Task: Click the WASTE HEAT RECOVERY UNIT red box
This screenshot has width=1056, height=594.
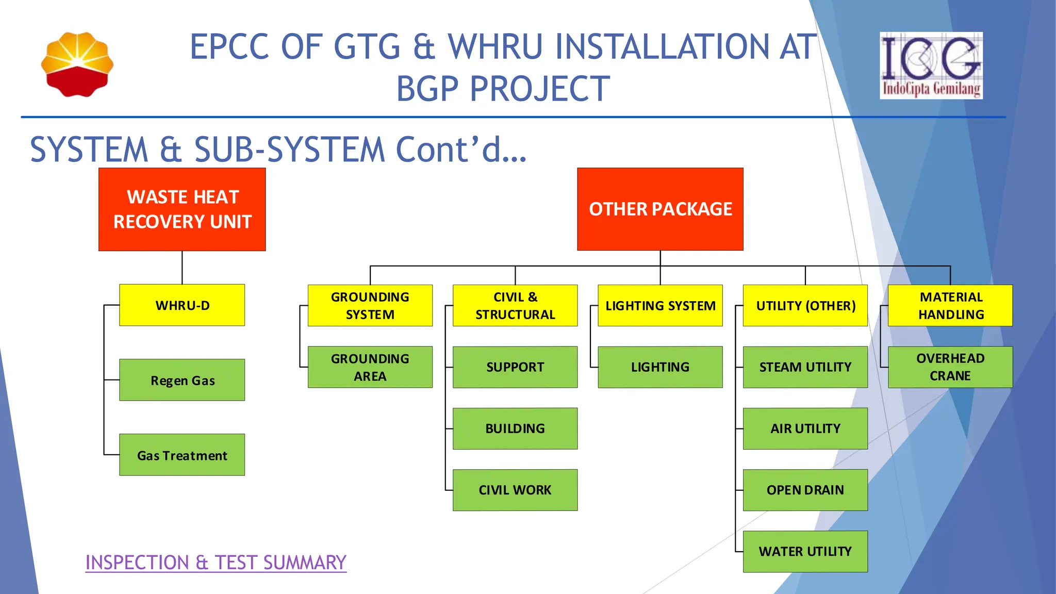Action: tap(182, 209)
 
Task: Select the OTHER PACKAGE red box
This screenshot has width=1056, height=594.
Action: tap(660, 209)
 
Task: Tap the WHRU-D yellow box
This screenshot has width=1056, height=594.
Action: tap(182, 305)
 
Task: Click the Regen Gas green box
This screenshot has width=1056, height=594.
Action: tap(182, 380)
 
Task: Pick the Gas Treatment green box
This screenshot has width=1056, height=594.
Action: tap(182, 455)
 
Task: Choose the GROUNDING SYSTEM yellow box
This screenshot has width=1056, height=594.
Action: tap(370, 305)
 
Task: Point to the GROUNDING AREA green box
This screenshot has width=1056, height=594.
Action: tap(370, 367)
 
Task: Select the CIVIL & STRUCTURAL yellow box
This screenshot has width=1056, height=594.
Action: tap(515, 305)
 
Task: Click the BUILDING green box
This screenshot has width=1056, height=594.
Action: tap(515, 428)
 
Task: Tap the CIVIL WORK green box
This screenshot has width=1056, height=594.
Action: tap(515, 490)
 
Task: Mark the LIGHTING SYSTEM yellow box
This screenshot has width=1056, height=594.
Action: tap(660, 305)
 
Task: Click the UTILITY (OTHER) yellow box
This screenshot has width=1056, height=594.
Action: tap(805, 305)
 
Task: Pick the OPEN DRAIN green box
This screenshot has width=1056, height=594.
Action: tap(805, 490)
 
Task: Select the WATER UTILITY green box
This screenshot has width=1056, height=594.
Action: tap(805, 551)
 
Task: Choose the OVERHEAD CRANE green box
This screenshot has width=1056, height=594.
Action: tap(950, 367)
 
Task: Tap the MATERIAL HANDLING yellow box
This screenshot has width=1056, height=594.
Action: tap(950, 305)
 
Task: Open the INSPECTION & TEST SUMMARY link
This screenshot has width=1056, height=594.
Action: tap(216, 563)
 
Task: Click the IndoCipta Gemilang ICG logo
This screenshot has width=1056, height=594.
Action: tap(931, 65)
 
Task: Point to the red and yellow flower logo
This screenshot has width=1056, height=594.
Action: tap(77, 64)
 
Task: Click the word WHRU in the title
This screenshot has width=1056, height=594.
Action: tap(496, 47)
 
